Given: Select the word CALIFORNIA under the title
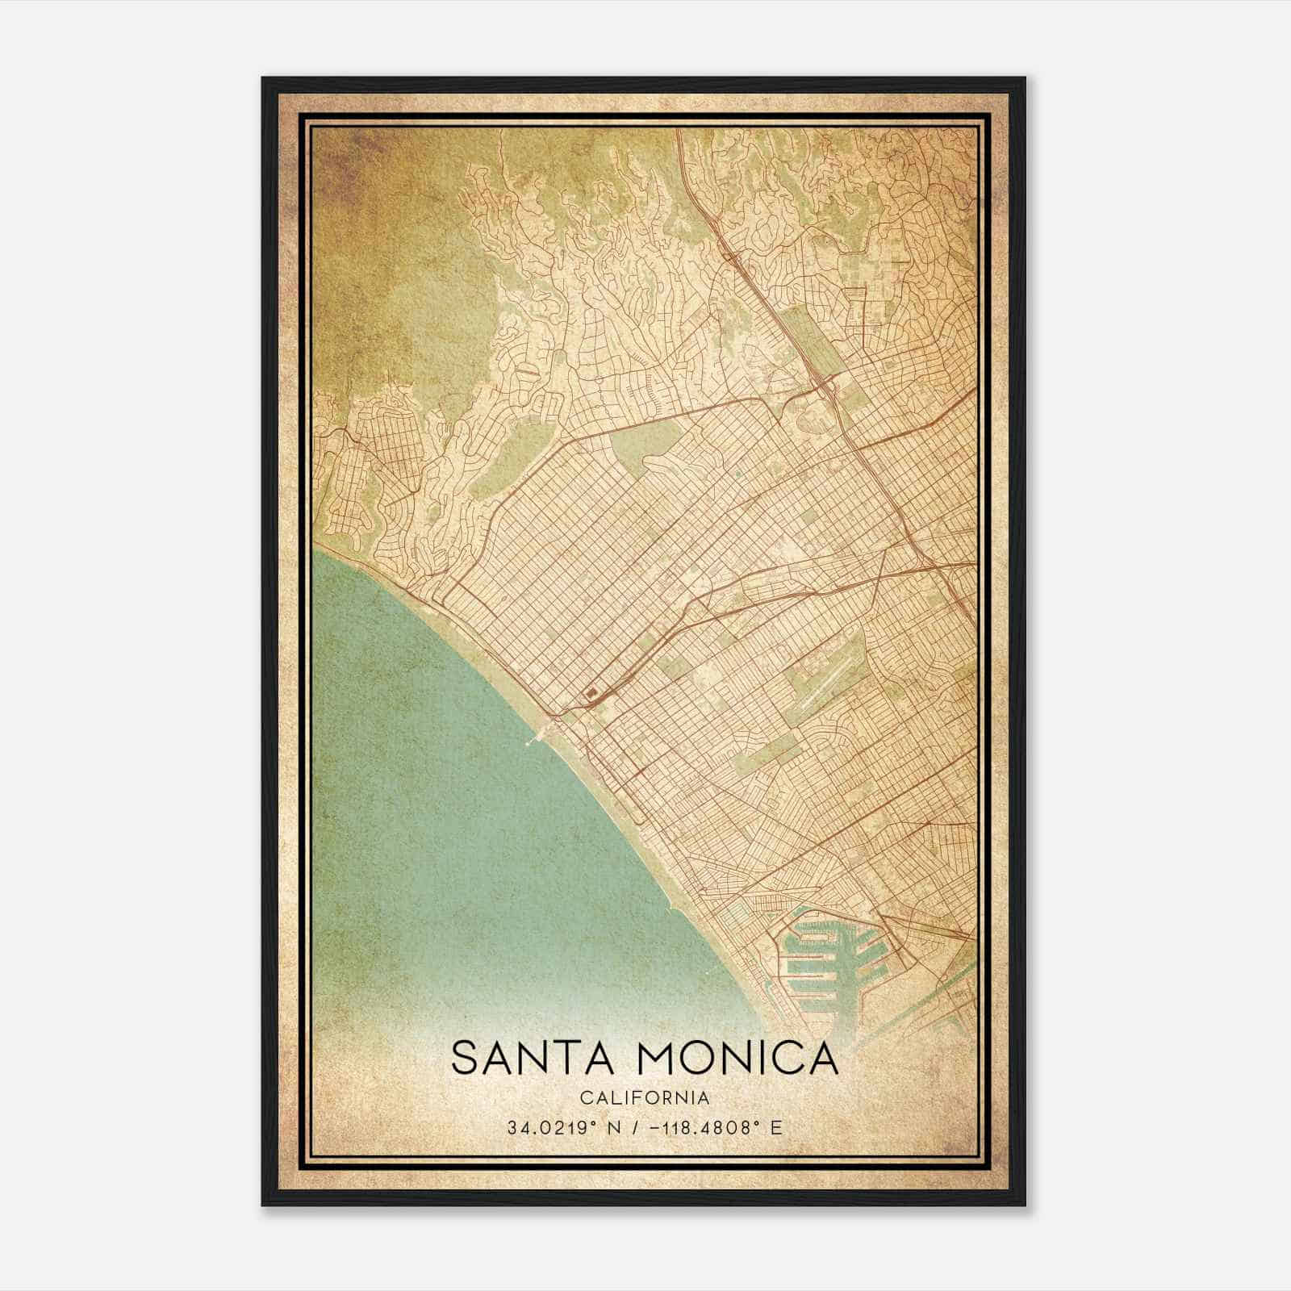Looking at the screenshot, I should (x=645, y=1098).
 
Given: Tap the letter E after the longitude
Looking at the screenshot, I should (x=776, y=1127).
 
